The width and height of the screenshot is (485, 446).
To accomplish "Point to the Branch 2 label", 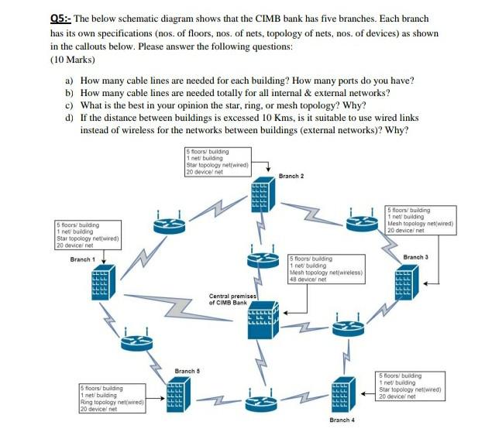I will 291,176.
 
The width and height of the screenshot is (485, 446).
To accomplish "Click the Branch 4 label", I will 342,420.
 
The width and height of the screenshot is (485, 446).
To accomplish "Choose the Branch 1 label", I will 82,259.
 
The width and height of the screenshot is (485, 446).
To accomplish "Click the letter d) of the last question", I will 71,117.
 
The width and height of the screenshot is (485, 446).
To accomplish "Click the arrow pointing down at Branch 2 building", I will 268,168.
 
